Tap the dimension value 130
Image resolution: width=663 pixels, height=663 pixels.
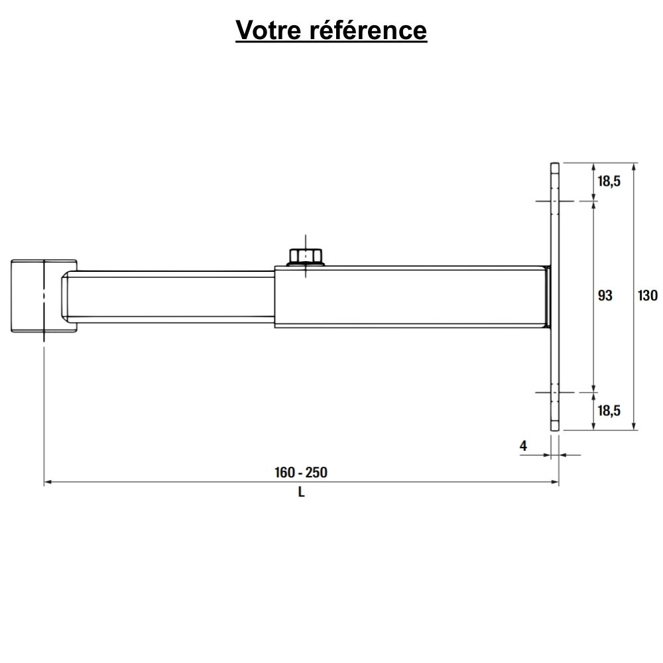[x=648, y=296]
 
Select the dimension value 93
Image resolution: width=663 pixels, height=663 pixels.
[x=605, y=296]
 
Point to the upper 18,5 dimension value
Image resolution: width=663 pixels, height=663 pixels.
[x=609, y=181]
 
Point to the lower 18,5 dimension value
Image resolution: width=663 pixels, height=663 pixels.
[x=609, y=410]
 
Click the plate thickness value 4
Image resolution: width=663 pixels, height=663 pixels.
[x=523, y=446]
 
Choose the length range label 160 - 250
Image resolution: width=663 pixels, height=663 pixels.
[x=301, y=473]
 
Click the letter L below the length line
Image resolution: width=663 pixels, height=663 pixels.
[x=301, y=493]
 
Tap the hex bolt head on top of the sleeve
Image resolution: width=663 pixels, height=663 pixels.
[x=306, y=256]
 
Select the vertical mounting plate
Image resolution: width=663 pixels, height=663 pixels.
[x=555, y=296]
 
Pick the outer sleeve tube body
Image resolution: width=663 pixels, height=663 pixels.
[x=411, y=296]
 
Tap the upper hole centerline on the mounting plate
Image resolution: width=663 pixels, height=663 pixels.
[x=555, y=200]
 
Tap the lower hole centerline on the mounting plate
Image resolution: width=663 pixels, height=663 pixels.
[x=555, y=392]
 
